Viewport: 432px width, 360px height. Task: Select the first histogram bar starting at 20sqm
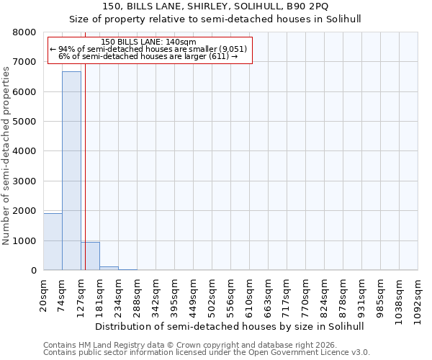pyautogui.click(x=53, y=242)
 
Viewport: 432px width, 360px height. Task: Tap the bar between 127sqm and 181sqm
pyautogui.click(x=90, y=256)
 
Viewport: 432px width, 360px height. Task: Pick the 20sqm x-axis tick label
pyautogui.click(x=44, y=294)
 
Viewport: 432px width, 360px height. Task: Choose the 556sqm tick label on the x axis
pyautogui.click(x=231, y=296)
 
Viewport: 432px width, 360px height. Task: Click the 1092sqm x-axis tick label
pyautogui.click(x=418, y=298)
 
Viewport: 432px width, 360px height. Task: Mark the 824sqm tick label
pyautogui.click(x=325, y=296)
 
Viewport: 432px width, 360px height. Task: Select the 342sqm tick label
pyautogui.click(x=156, y=296)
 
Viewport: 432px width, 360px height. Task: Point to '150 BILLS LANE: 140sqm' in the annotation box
pyautogui.click(x=148, y=42)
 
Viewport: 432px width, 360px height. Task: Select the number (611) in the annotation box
pyautogui.click(x=219, y=56)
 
